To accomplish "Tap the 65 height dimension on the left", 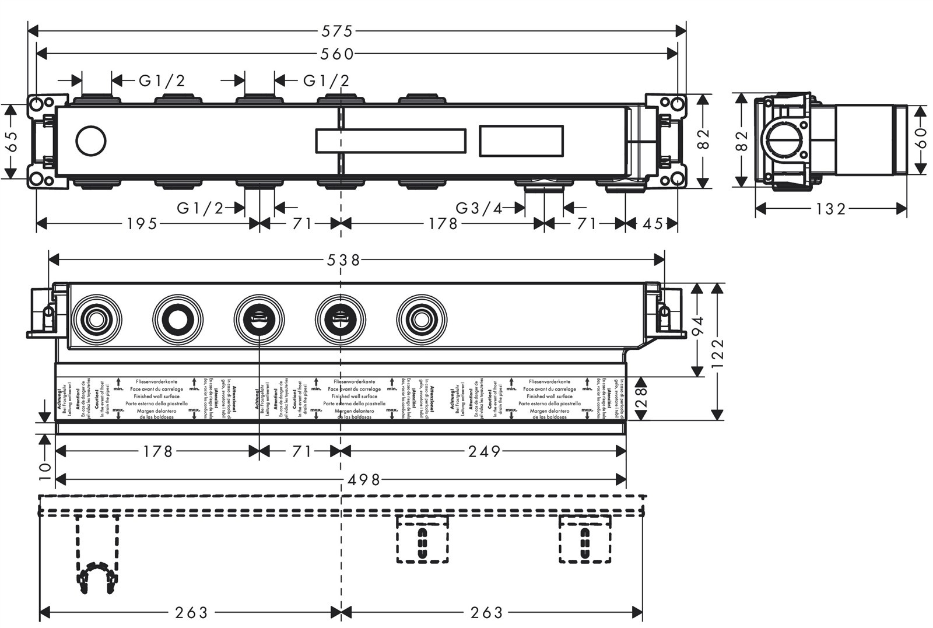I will (x=11, y=141).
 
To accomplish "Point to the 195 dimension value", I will (x=142, y=223).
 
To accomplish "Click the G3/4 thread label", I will (x=479, y=208).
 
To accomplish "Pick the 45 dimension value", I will (x=653, y=223).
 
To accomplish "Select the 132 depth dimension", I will (x=830, y=208).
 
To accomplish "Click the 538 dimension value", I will (x=343, y=259).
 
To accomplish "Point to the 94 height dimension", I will (x=698, y=329).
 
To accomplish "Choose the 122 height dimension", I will (x=717, y=351).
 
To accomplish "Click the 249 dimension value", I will (x=485, y=451).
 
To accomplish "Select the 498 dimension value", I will (x=364, y=480).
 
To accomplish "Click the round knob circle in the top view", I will (x=91, y=141).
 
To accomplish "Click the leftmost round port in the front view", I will (x=96, y=320).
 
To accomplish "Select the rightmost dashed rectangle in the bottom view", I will (x=585, y=539).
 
